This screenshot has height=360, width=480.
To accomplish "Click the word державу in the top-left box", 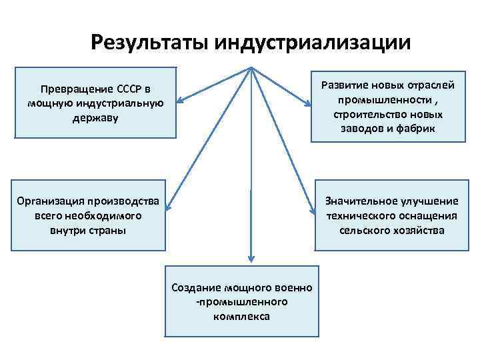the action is pyautogui.click(x=95, y=118).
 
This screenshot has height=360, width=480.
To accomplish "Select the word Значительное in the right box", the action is pyautogui.click(x=360, y=201).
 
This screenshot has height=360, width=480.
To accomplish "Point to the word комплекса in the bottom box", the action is pyautogui.click(x=242, y=316).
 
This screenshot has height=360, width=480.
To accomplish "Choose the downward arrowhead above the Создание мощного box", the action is pyautogui.click(x=251, y=259).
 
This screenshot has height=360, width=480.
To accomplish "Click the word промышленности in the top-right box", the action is pyautogui.click(x=377, y=100).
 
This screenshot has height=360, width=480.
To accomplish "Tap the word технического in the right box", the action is pyautogui.click(x=360, y=216).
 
